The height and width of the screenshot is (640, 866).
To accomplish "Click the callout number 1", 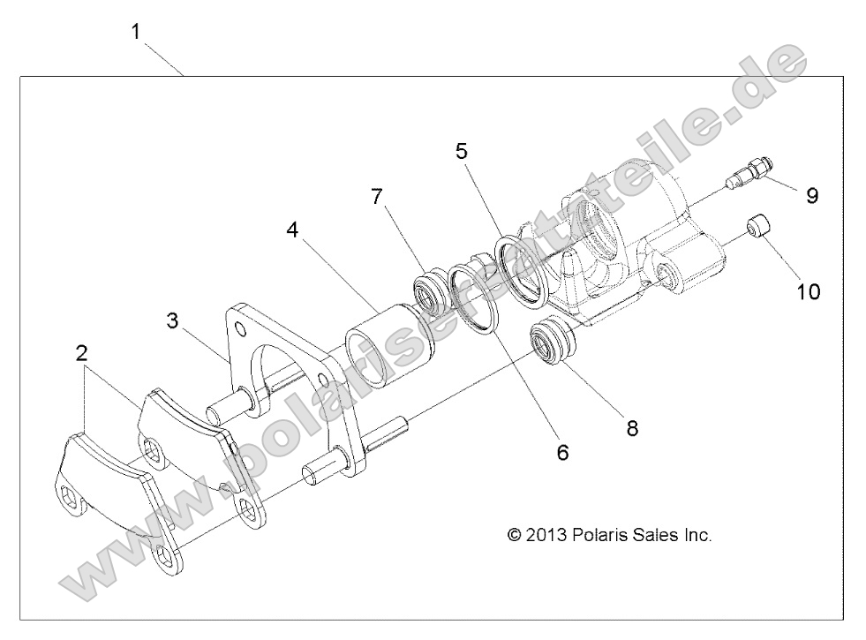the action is (x=136, y=32).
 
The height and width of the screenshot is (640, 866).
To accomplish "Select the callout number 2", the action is (x=82, y=354).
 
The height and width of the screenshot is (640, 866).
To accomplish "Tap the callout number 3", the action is (x=173, y=320).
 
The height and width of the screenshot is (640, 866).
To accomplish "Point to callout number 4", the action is (x=292, y=232).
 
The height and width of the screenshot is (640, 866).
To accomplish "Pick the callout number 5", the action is (x=461, y=151).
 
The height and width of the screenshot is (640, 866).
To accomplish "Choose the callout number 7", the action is (x=378, y=196).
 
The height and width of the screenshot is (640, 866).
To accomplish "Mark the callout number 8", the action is (x=632, y=428).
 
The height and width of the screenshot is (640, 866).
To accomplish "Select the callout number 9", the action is (x=811, y=195).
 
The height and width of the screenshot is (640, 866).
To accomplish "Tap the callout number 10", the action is (x=809, y=290).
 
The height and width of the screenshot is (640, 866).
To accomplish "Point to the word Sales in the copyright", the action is (x=652, y=535).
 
